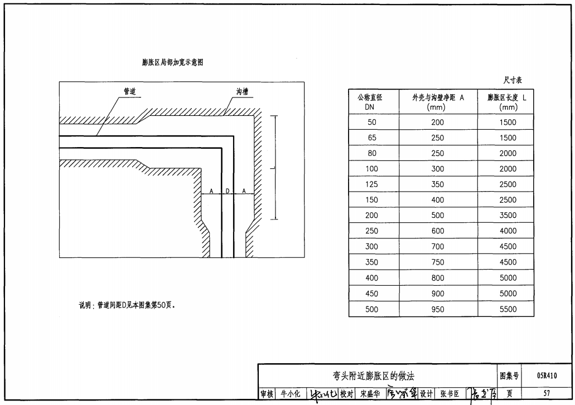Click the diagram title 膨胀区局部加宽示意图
tap(172, 62)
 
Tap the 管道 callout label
tap(129, 91)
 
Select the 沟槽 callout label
tap(241, 91)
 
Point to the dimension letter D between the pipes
tap(228, 191)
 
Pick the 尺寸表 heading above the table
tap(513, 80)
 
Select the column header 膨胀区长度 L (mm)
tap(505, 102)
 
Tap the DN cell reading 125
tap(372, 184)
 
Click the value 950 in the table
tap(438, 309)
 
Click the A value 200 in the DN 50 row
tap(438, 123)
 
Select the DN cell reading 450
tap(372, 294)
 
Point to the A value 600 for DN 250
tap(438, 231)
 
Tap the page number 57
tap(547, 393)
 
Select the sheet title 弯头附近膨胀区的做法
tap(378, 376)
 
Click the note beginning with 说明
tap(128, 305)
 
